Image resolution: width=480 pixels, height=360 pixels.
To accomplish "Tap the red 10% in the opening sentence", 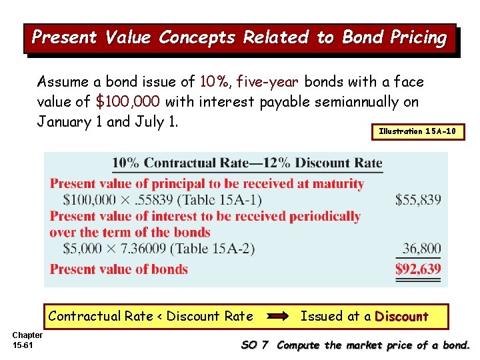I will point(214,82).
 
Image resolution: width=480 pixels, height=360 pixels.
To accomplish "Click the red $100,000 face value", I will point(129,102).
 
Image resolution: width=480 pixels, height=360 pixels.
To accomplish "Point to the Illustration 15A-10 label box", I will point(417,132).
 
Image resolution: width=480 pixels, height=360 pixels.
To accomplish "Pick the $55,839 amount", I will point(418,199).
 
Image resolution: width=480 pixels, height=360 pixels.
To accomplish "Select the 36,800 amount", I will point(421,249).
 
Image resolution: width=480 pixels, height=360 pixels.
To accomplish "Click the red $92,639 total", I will point(418,269).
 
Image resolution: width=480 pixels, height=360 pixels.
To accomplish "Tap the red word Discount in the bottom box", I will point(401,316).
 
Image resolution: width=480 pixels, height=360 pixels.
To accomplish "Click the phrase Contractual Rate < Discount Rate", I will point(151,316).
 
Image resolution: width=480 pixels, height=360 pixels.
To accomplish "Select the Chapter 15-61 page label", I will point(27,339).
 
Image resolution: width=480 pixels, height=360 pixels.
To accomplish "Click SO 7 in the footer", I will point(254,345).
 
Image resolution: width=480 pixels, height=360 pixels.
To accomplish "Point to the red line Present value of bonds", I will point(119,269).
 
